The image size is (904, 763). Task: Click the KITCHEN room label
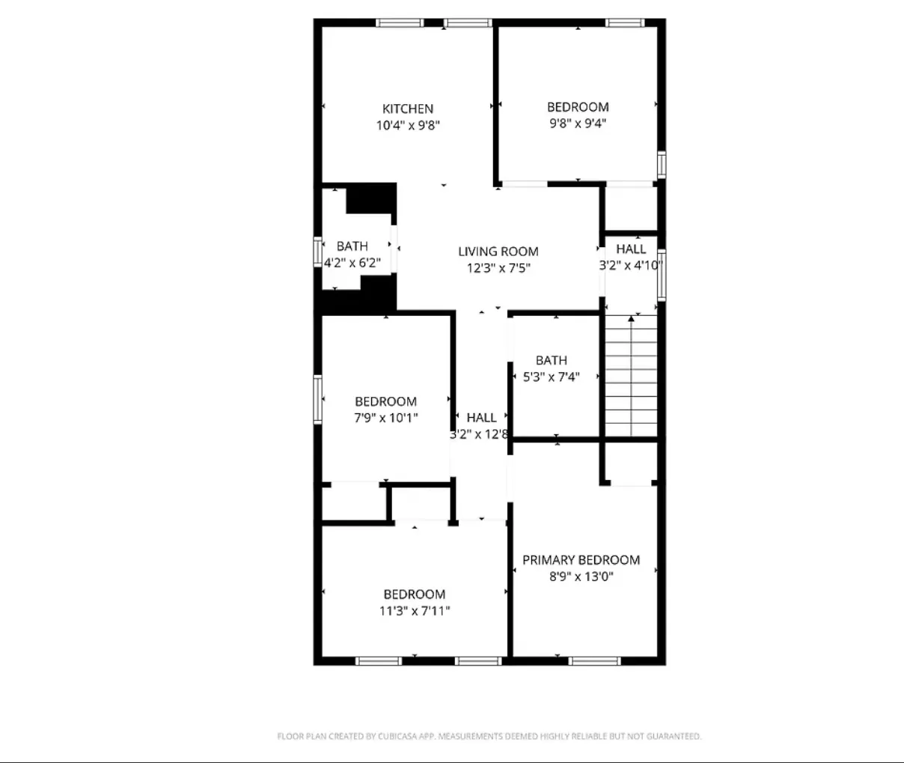[408, 109]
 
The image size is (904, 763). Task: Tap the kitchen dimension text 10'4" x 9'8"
[408, 126]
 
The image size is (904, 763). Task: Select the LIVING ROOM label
[498, 252]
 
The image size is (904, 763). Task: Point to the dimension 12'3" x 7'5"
[498, 268]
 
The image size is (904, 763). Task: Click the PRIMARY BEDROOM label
[581, 560]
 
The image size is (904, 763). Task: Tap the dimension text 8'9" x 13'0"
[581, 577]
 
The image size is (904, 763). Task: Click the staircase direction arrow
[631, 319]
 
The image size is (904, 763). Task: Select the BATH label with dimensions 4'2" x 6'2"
[352, 246]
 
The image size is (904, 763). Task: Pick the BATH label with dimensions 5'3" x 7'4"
[552, 360]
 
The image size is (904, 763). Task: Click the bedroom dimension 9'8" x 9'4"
[578, 124]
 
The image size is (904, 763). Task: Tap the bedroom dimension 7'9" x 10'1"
[386, 418]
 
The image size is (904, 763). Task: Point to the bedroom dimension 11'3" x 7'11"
[415, 611]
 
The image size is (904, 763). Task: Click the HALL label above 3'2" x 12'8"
[481, 418]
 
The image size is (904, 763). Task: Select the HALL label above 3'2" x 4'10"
[631, 249]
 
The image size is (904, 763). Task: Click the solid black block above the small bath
[371, 198]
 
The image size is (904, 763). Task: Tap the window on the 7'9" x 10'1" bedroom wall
[318, 399]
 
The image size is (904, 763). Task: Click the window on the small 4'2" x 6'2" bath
[317, 252]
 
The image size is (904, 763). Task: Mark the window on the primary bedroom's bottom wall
[594, 661]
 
